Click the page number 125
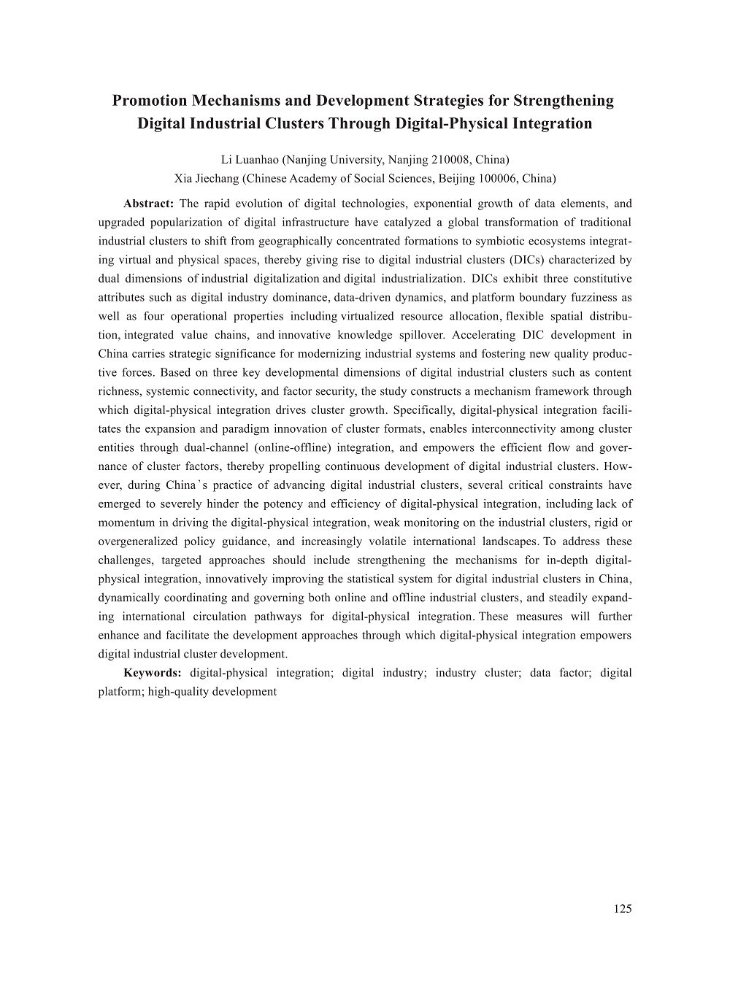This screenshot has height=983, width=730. click(x=623, y=909)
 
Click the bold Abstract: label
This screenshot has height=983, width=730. click(x=148, y=204)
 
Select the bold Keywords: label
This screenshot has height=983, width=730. click(x=153, y=673)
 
